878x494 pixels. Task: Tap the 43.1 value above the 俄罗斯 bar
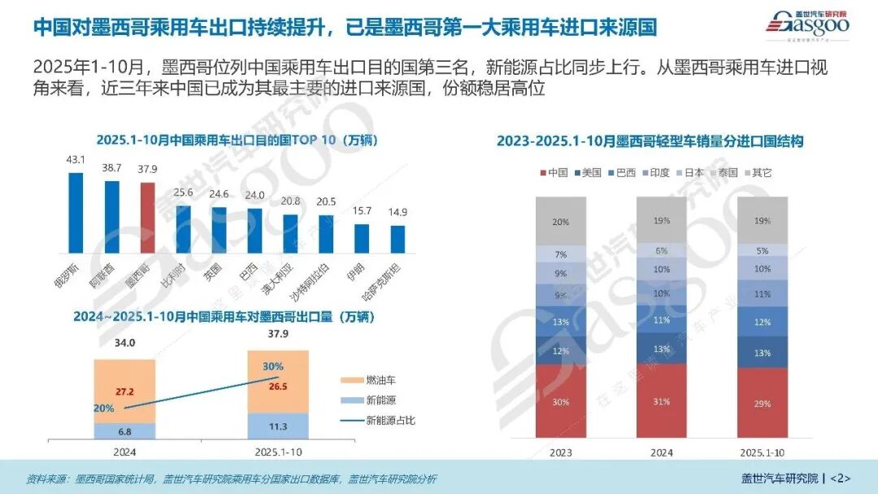[76, 160]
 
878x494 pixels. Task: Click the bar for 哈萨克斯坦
[398, 239]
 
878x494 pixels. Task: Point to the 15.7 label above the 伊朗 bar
[361, 211]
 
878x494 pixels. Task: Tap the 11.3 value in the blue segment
[277, 426]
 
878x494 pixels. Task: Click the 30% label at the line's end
[273, 366]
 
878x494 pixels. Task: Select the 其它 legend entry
[755, 172]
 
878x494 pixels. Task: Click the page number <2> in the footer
[840, 478]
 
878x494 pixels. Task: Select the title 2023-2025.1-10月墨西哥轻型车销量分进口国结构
[650, 141]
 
